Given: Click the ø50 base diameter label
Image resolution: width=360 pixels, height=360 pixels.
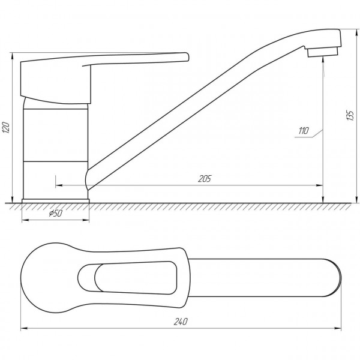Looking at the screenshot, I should click(55, 214).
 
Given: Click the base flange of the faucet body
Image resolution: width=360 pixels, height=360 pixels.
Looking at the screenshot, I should click(55, 200).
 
